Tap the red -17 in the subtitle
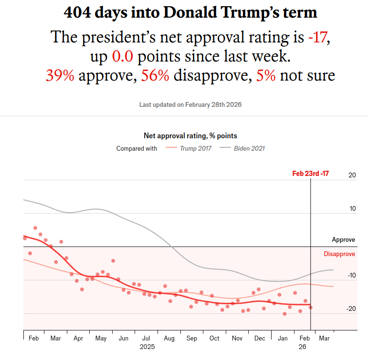317,37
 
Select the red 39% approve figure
60,75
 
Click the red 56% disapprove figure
155,75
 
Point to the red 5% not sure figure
266,75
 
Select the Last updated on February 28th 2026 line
190,104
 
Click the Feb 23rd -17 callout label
310,174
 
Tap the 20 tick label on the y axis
352,175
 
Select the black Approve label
344,240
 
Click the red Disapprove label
339,254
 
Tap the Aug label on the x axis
169,339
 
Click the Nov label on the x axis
237,339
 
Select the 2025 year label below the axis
147,348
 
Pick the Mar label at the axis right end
324,339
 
